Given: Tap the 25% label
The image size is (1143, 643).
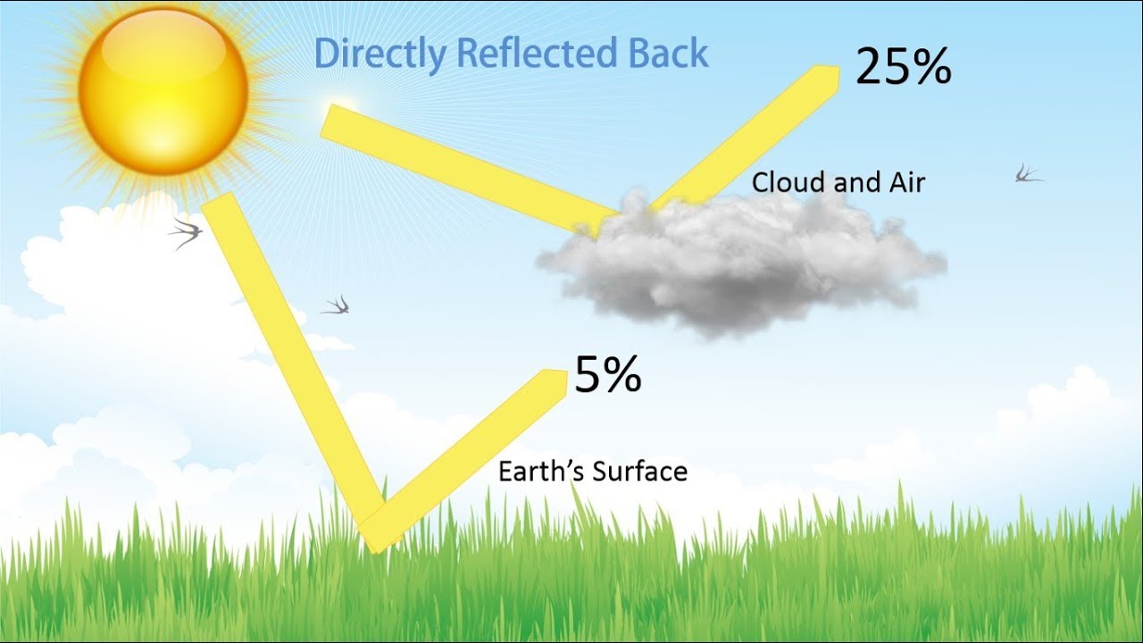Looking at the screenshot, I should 903,67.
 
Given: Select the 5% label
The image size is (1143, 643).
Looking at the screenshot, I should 607,374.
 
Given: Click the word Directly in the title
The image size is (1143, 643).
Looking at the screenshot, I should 380,54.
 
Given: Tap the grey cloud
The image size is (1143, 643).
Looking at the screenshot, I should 741,263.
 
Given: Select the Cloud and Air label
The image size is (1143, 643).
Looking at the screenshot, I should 838,183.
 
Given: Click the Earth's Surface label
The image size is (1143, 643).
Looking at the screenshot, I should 593,471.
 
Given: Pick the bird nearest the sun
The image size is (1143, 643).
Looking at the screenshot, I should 187,232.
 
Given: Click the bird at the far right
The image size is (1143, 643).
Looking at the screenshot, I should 1028,173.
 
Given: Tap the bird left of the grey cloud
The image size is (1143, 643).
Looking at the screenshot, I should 337,306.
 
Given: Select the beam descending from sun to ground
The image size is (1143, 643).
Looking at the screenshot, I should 295,357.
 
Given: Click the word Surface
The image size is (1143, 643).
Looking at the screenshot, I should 640,471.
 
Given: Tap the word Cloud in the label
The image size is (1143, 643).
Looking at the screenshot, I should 787,183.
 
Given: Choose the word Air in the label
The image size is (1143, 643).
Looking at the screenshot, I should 905,183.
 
